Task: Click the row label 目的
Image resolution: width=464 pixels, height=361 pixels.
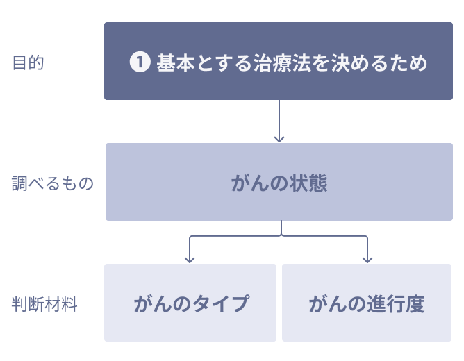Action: [28, 62]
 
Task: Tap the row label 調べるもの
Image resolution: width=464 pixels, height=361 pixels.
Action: [52, 183]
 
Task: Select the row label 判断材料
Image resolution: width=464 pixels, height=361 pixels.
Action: [44, 304]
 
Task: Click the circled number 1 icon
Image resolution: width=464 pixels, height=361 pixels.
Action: [140, 62]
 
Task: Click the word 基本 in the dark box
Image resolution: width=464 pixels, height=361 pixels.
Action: [176, 62]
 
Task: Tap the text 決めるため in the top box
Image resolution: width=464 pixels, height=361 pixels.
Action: [379, 62]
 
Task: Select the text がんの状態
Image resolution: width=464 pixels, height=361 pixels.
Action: [279, 183]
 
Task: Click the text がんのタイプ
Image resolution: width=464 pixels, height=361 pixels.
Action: [191, 303]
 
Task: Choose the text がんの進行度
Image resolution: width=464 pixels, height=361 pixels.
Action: [367, 303]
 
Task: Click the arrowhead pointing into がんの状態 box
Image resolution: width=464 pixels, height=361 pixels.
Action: [279, 139]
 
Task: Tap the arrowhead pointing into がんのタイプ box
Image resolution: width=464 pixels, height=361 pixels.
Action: [190, 260]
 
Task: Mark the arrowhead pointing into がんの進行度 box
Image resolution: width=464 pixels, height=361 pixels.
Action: [367, 260]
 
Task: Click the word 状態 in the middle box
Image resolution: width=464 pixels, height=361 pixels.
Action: [308, 183]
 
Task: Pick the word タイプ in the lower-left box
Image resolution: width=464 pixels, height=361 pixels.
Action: [220, 303]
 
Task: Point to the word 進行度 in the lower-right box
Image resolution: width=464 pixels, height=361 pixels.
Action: [396, 303]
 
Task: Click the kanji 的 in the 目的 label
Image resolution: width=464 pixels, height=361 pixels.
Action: [36, 62]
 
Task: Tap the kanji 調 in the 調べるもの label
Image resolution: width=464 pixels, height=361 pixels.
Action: [19, 183]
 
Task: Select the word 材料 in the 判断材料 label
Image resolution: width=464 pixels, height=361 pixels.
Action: [61, 304]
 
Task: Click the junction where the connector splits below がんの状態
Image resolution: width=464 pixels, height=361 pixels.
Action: [281, 235]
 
